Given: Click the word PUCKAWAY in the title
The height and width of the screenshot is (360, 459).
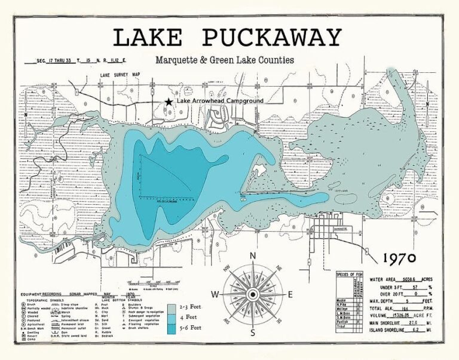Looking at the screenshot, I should (x=272, y=38).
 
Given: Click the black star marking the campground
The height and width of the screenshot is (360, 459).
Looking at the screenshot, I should (x=169, y=102).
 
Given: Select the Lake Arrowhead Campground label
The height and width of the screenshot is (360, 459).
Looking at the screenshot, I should (x=219, y=101).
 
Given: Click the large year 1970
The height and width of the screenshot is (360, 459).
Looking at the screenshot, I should (x=403, y=259).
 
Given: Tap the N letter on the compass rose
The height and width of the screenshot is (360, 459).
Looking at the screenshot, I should (x=253, y=256).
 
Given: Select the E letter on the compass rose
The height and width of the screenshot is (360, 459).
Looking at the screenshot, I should (x=290, y=294).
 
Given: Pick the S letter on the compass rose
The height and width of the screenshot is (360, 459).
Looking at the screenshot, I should (x=253, y=333).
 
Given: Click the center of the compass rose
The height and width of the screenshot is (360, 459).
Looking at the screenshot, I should (x=253, y=294).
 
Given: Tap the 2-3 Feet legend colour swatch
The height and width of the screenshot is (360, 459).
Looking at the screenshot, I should (x=172, y=308).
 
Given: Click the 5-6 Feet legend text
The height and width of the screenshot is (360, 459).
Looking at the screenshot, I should (x=191, y=328).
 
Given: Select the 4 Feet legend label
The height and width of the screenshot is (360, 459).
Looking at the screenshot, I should (x=190, y=318).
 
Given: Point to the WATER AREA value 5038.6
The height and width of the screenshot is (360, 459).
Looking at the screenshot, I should (x=413, y=279).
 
